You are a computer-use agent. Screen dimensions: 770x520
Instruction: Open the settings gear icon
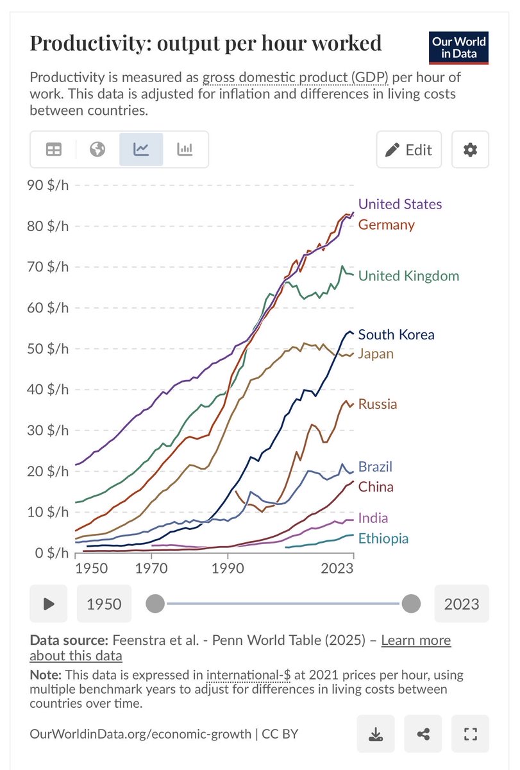(470, 150)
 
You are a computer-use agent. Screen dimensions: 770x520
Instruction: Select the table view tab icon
(54, 150)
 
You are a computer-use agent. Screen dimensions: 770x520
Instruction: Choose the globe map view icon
(97, 150)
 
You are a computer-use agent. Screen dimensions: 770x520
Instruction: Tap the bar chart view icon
(185, 150)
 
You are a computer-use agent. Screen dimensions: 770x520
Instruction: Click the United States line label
(399, 204)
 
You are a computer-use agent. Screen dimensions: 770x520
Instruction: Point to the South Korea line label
(396, 334)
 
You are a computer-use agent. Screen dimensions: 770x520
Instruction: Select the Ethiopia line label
(383, 538)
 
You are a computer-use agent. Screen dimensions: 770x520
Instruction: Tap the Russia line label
(377, 404)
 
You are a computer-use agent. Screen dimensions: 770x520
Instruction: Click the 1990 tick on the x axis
(229, 569)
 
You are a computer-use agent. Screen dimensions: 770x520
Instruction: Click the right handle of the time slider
(410, 604)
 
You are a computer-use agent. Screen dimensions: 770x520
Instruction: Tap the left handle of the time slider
(155, 604)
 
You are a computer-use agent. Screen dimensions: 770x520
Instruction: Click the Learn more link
(415, 640)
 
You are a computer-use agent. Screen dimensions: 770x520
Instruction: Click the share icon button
(423, 733)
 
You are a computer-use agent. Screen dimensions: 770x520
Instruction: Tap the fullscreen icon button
(470, 733)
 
